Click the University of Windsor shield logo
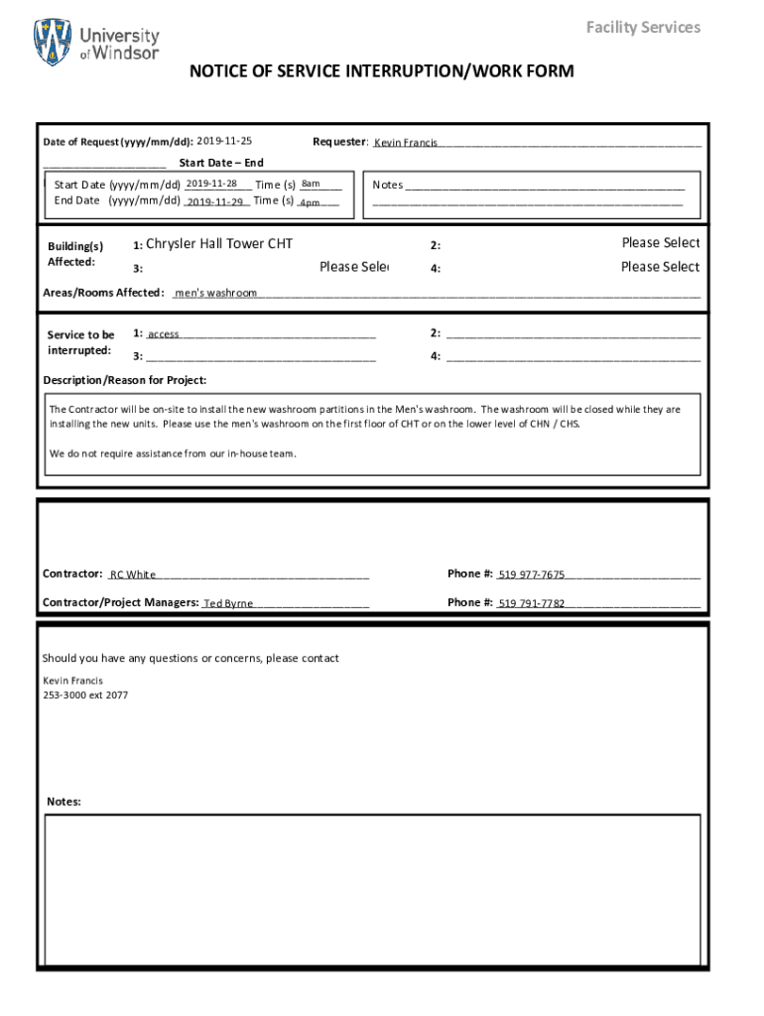53,42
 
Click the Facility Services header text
643,27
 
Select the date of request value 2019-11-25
224,142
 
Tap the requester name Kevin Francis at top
406,144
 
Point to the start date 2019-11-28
211,184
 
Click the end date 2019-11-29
215,201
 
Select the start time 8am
311,184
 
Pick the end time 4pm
310,202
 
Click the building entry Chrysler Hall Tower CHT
219,244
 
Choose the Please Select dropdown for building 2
660,243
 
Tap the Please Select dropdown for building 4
660,267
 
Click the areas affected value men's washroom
216,294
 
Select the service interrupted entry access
164,334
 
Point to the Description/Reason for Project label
125,381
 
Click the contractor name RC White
133,574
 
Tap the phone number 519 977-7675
532,574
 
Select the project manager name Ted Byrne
228,603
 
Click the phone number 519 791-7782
532,603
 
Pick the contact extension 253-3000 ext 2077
85,696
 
